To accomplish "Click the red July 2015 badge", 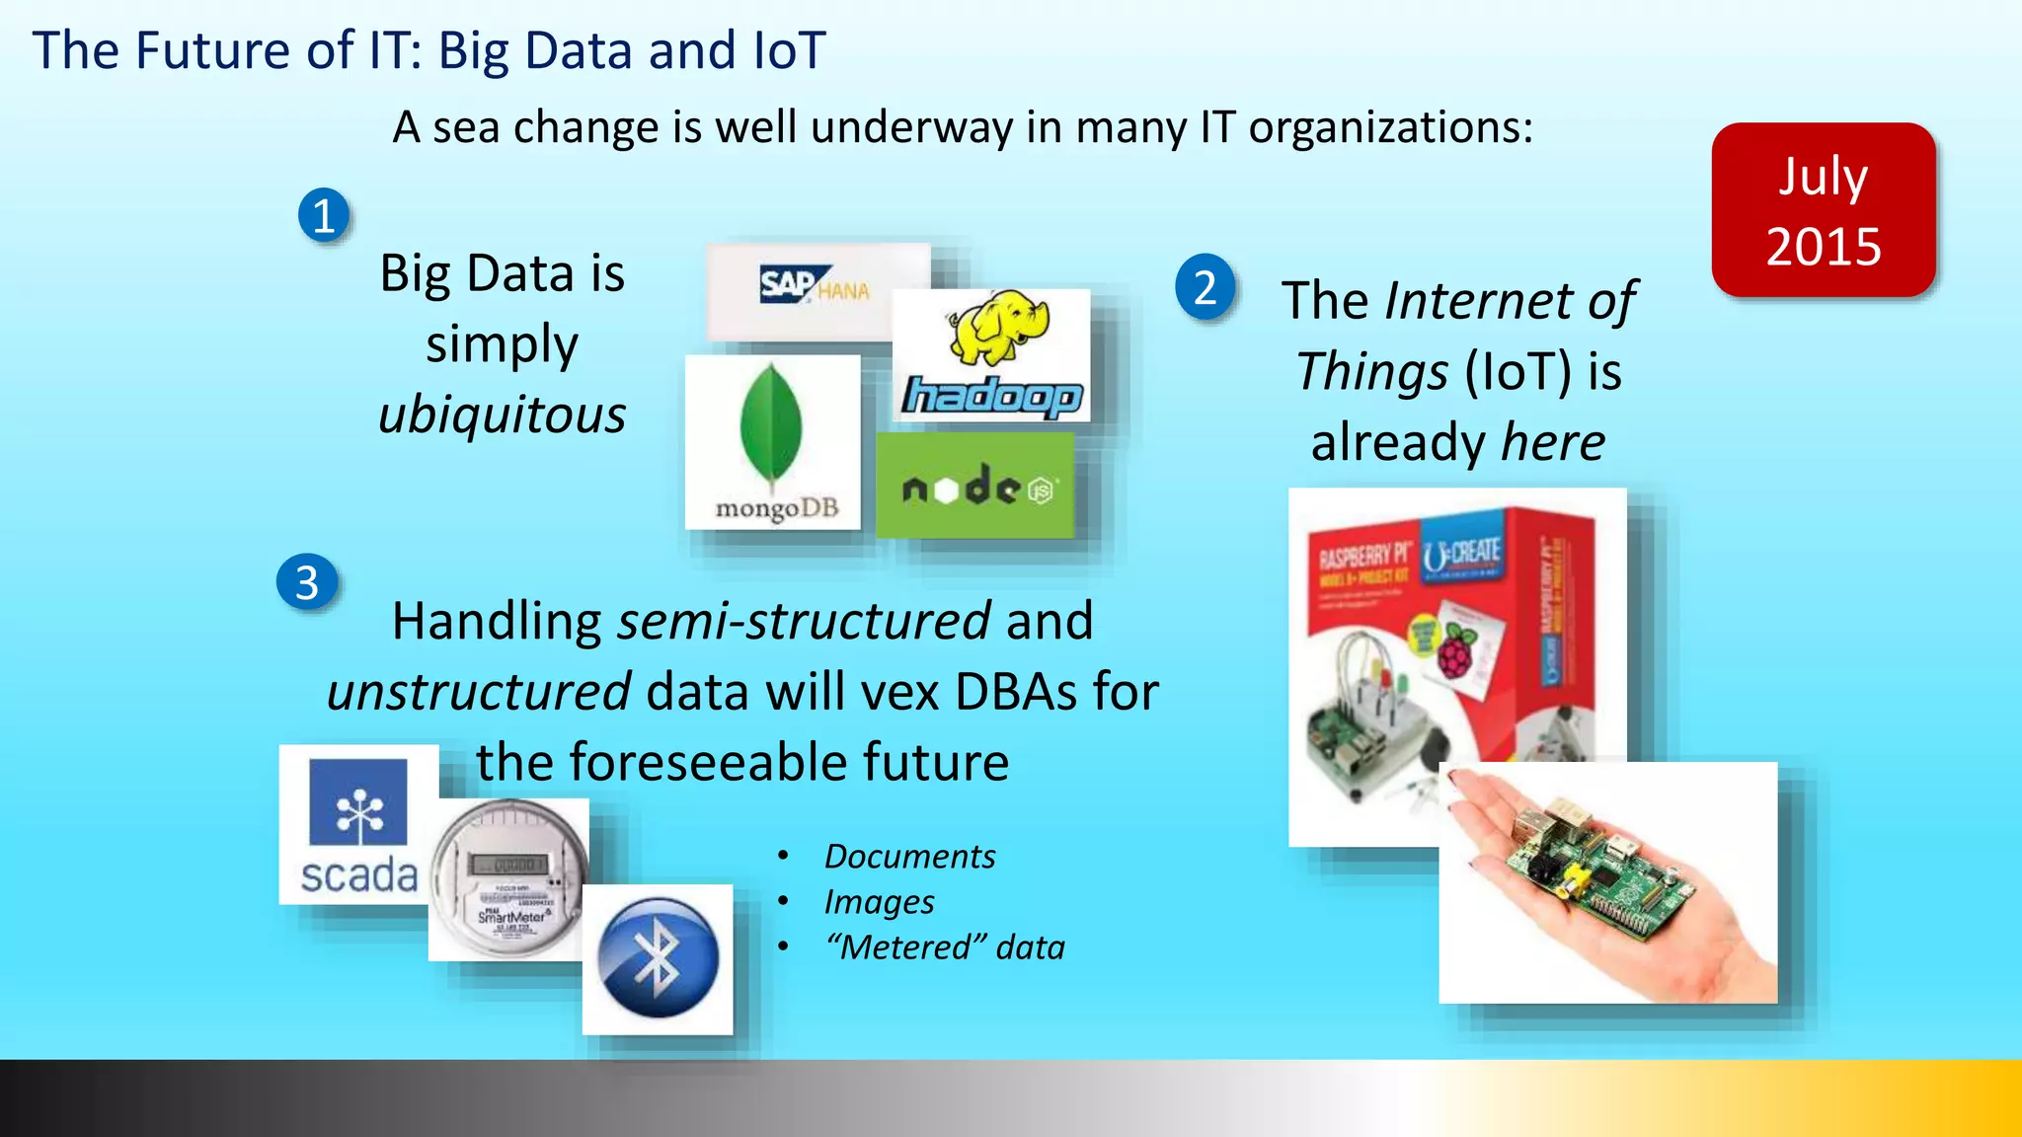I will click(1823, 210).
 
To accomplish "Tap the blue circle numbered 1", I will click(324, 215).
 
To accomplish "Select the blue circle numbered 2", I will click(1205, 287).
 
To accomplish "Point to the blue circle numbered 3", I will click(307, 582).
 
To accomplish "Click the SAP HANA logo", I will click(815, 287).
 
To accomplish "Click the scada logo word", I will click(359, 876).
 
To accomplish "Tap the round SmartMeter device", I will click(508, 877).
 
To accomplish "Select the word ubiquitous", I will click(502, 415).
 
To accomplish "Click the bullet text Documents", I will click(909, 856).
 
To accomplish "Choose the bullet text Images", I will click(879, 901).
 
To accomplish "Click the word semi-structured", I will click(804, 621).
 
